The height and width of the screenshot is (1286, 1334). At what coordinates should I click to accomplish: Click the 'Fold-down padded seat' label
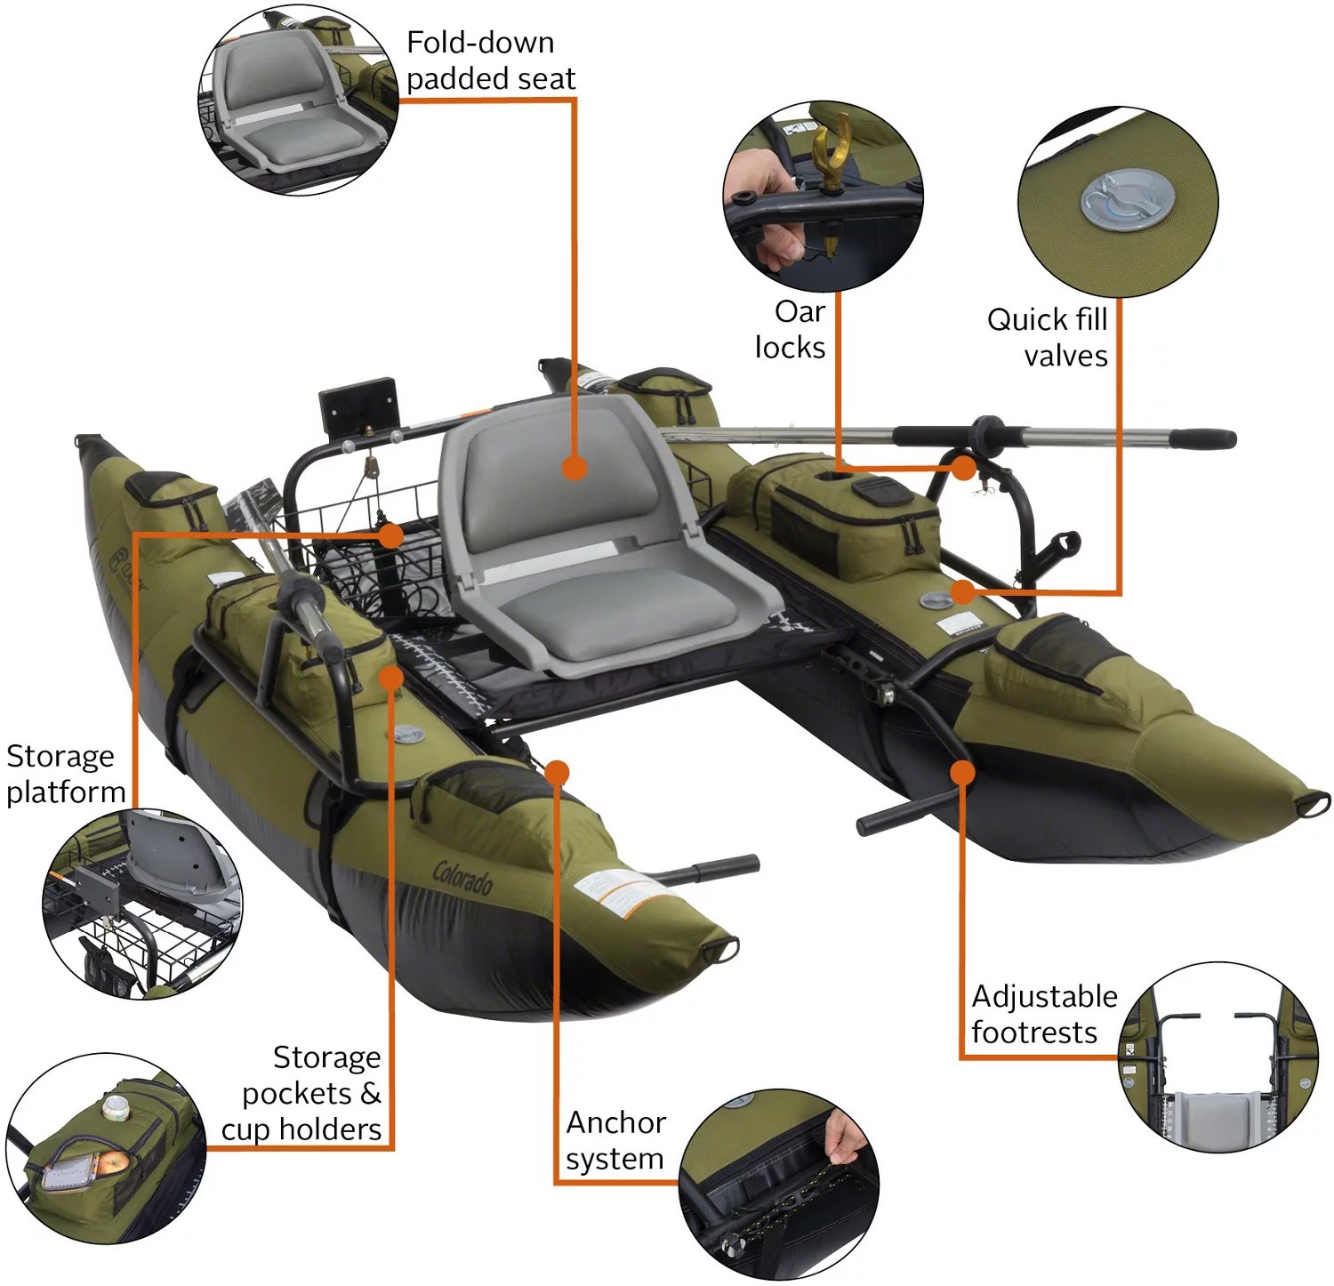coord(490,60)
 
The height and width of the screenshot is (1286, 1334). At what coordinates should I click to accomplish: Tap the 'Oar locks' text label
coord(790,329)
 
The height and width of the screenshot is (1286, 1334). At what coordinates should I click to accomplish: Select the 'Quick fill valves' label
coord(1048,337)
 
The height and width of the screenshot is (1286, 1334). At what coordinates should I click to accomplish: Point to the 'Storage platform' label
coord(65,773)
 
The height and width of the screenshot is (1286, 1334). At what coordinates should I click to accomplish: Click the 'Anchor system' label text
coord(615,1140)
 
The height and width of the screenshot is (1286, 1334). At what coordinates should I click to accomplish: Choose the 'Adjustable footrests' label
coord(1043,1014)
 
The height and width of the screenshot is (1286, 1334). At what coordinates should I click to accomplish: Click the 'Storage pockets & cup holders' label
coord(302,1093)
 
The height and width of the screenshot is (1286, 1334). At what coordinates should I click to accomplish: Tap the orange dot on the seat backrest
coord(575,468)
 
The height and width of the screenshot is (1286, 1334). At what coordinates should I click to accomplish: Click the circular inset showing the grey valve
coord(1118,202)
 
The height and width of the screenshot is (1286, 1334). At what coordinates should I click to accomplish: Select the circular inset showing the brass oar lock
coord(823,196)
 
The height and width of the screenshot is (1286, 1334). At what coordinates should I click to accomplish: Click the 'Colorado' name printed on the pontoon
coord(462,877)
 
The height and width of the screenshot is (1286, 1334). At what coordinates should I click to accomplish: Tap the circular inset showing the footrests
coord(1217,1057)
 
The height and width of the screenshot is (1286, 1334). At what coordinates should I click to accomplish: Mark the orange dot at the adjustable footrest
coord(961,771)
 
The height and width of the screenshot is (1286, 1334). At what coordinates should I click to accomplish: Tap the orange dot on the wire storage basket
coord(390,534)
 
